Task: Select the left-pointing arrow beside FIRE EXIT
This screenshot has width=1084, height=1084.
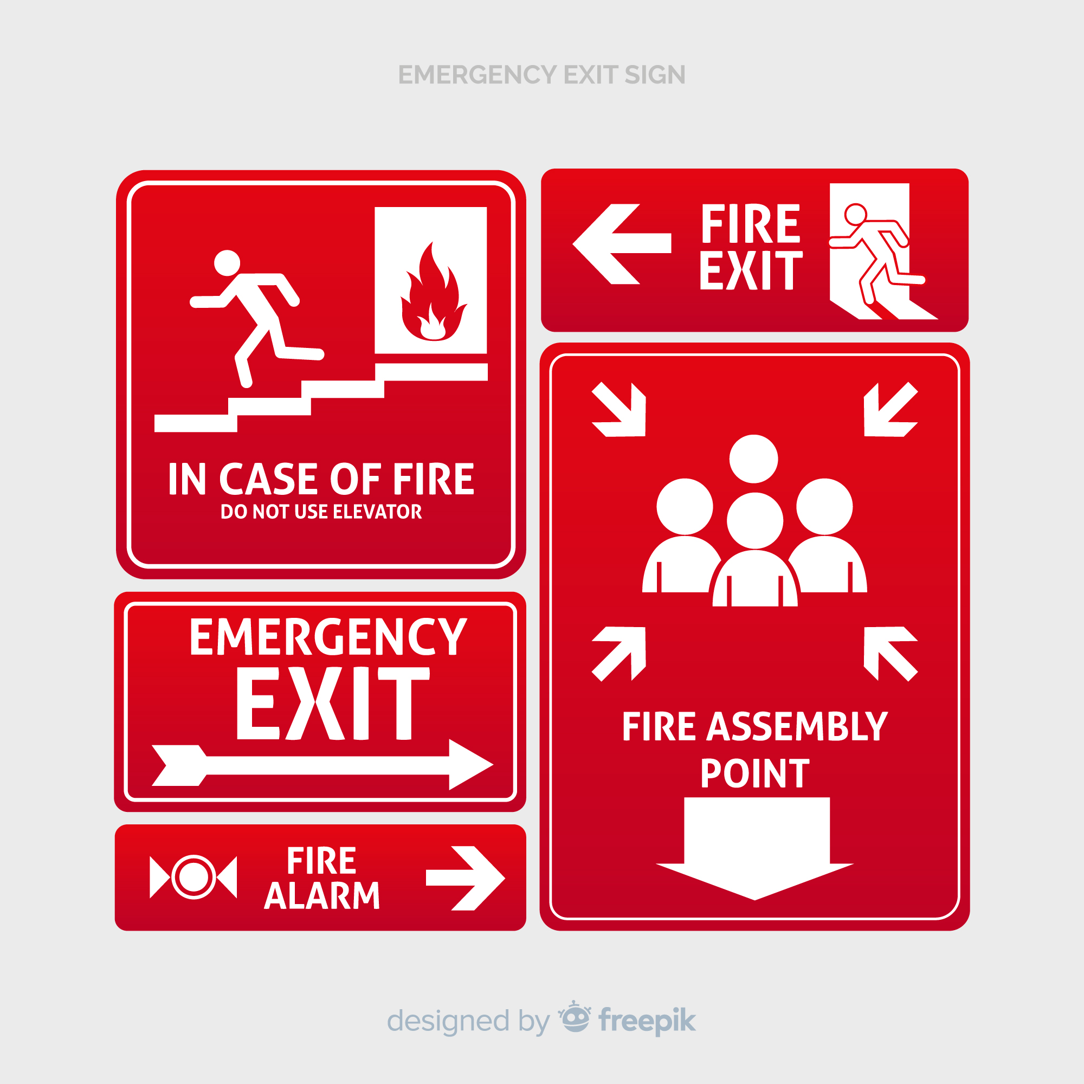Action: (x=622, y=244)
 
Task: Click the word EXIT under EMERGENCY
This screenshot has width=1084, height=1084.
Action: (x=333, y=704)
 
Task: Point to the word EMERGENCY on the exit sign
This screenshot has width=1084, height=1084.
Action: (x=328, y=637)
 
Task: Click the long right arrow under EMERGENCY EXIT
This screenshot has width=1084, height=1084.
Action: (x=322, y=765)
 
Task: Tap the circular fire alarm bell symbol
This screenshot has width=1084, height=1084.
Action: (x=193, y=877)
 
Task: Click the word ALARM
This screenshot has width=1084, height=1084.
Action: (x=322, y=895)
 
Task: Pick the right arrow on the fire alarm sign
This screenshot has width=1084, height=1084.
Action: (x=466, y=878)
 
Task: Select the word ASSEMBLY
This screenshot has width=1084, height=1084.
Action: (x=797, y=727)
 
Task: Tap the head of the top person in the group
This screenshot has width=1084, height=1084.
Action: (x=753, y=459)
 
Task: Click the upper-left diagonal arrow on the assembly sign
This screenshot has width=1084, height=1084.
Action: (x=619, y=409)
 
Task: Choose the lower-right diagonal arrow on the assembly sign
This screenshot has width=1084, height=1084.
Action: (x=891, y=654)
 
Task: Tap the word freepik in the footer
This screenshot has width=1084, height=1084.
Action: (x=648, y=1021)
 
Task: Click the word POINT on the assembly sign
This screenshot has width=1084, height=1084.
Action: (x=754, y=774)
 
